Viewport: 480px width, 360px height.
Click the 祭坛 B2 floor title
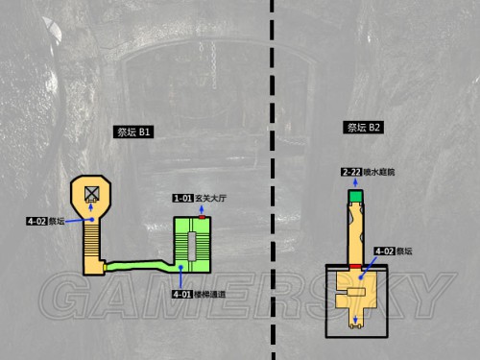click(364, 127)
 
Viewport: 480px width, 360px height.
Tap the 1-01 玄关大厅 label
click(198, 198)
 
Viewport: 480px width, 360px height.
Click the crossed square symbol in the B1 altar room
click(91, 194)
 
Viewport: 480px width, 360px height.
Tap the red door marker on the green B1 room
click(203, 219)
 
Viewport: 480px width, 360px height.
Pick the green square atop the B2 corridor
click(356, 197)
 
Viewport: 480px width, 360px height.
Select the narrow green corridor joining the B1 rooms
click(139, 263)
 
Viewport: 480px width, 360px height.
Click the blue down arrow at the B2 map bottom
click(356, 320)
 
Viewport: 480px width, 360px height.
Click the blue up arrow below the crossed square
click(91, 210)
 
